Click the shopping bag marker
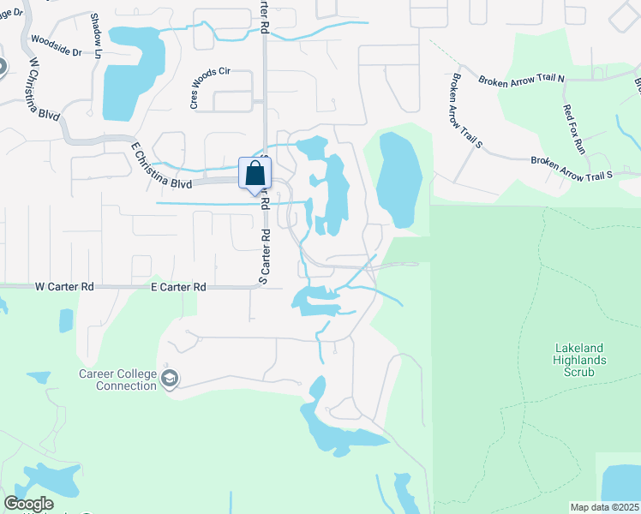point(255,174)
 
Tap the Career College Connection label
point(117,380)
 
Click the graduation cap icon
point(170,380)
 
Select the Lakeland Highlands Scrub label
point(580,366)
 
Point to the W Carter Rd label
point(64,288)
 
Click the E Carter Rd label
point(178,288)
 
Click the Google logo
point(28,504)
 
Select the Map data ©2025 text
point(604,507)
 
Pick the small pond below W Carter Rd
point(66,320)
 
